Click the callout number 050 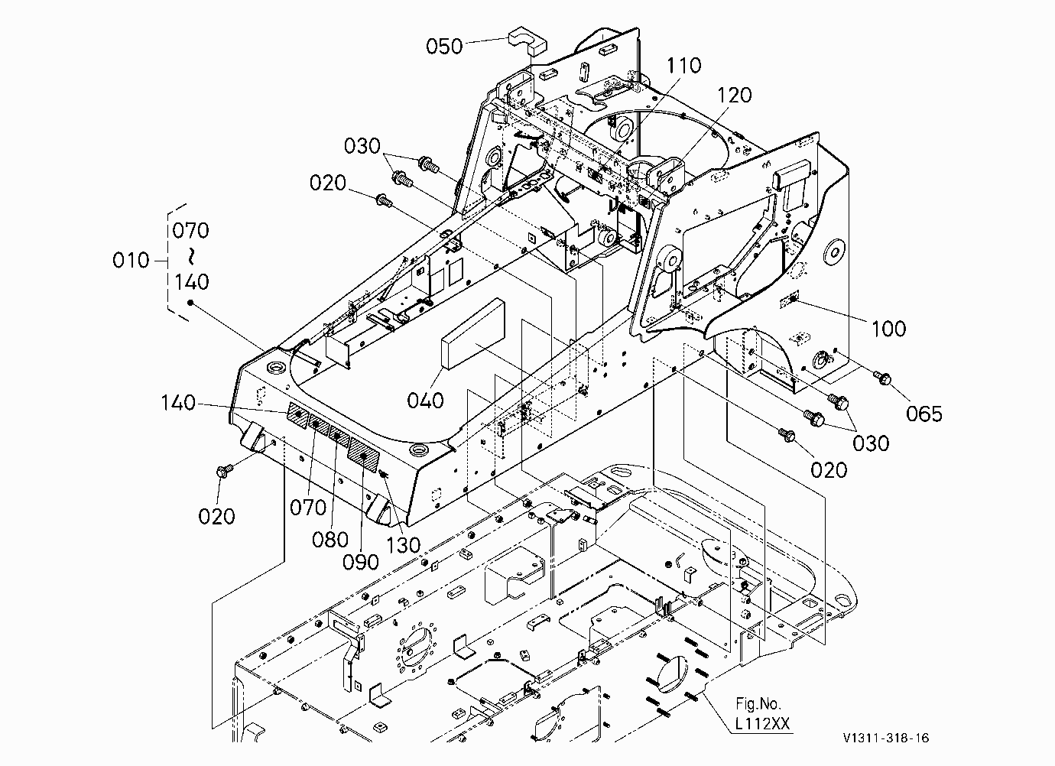coord(444,46)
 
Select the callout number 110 coord(683,66)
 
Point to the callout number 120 coord(734,95)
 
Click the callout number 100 coord(889,329)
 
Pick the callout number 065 coord(924,414)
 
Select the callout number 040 coord(425,401)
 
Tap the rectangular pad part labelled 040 coord(472,333)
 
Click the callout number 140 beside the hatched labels coord(178,403)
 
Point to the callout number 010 coord(131,260)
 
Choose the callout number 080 coord(330,540)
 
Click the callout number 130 coord(403,546)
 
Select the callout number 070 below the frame coord(307,508)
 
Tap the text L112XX coord(762,723)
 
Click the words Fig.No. coord(758,704)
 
